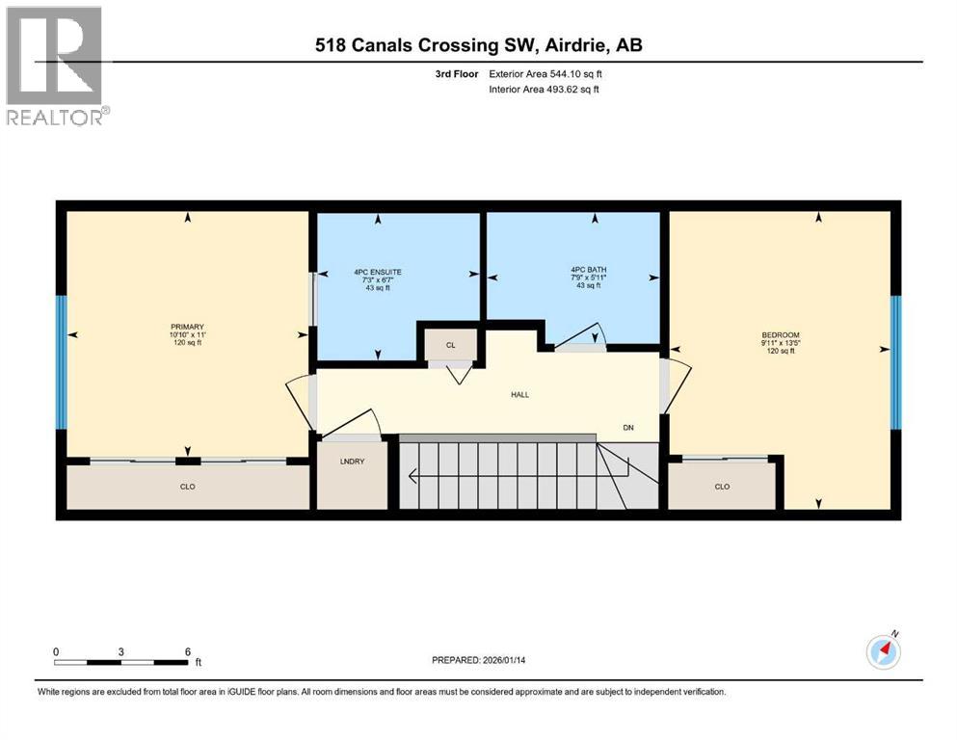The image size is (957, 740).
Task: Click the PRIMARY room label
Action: pyautogui.click(x=189, y=327)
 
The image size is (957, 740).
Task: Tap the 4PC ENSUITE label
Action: pyautogui.click(x=377, y=273)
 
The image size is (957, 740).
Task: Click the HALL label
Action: pyautogui.click(x=520, y=394)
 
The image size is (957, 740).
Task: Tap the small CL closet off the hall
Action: pyautogui.click(x=449, y=344)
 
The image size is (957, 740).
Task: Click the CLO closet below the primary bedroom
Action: pyautogui.click(x=188, y=487)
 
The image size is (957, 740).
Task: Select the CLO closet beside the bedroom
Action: pyautogui.click(x=723, y=487)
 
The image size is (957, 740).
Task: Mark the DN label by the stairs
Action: pyautogui.click(x=627, y=429)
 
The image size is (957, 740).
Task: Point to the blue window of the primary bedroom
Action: pyautogui.click(x=62, y=361)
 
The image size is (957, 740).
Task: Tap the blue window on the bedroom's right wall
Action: pyautogui.click(x=895, y=361)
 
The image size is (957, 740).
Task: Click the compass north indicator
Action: pyautogui.click(x=884, y=651)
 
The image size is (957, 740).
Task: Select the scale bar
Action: pyautogui.click(x=121, y=662)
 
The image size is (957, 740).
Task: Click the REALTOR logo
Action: pyautogui.click(x=57, y=66)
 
